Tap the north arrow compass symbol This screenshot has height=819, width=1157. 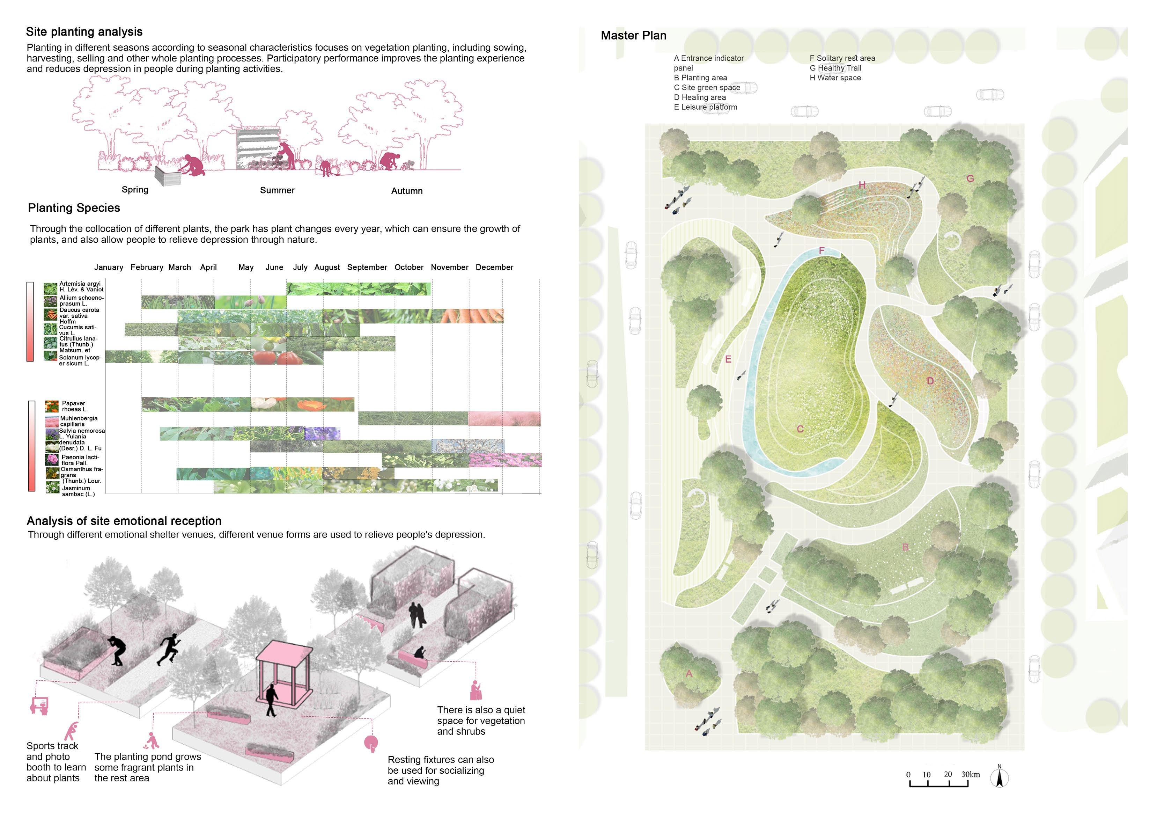[x=999, y=778]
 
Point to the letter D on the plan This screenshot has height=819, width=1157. [x=930, y=381]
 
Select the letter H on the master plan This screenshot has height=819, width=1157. [x=862, y=185]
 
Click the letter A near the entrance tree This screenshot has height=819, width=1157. [x=689, y=673]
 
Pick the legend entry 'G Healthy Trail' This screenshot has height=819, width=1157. [x=835, y=68]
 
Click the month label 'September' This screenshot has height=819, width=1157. [x=367, y=267]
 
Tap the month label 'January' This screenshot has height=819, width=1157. [x=108, y=267]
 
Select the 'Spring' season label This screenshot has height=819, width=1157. [x=135, y=190]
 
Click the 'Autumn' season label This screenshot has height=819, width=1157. [x=407, y=191]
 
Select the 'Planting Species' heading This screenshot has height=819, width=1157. [x=74, y=208]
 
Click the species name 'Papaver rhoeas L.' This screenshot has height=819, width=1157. [x=74, y=406]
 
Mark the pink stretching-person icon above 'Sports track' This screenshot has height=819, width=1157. [x=72, y=731]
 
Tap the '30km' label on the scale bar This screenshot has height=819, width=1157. [x=971, y=774]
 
